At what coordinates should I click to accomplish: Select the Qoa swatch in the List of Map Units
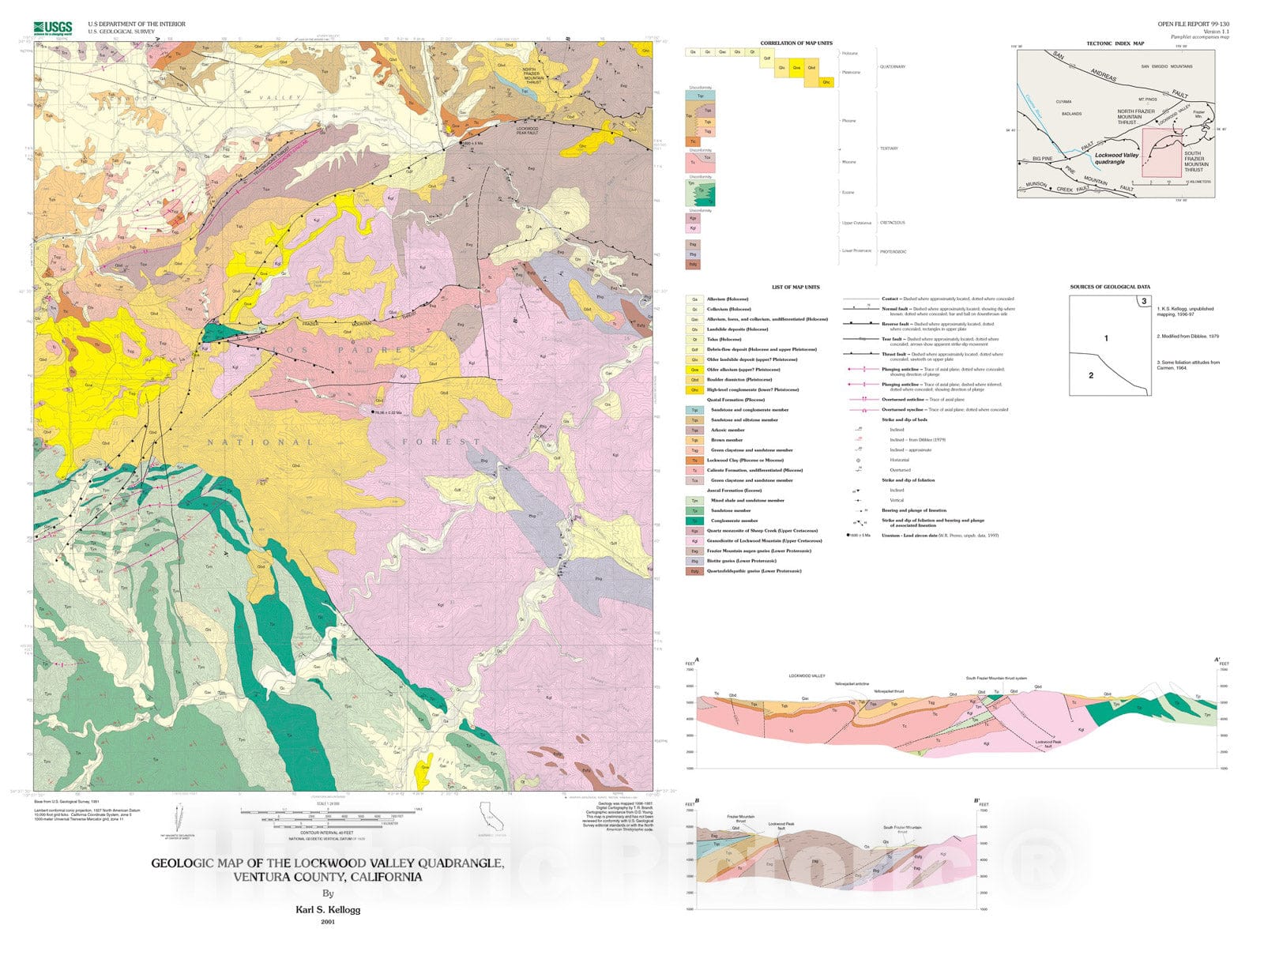[x=694, y=370]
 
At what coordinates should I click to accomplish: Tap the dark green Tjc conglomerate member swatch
[x=694, y=521]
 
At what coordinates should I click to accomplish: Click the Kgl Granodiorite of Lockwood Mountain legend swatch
[x=694, y=541]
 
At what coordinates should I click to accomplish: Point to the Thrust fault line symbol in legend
[x=860, y=355]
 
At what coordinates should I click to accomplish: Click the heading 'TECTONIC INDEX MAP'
[x=1115, y=43]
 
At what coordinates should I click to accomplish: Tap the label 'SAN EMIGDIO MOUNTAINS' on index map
[x=1167, y=66]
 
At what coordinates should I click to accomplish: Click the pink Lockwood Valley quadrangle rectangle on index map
[x=1161, y=152]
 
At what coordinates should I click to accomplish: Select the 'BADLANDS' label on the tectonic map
[x=1070, y=114]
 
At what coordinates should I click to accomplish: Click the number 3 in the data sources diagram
[x=1143, y=301]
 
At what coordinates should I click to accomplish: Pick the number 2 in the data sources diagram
[x=1091, y=375]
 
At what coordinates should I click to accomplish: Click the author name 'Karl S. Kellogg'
[x=328, y=909]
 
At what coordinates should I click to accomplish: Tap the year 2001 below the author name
[x=328, y=922]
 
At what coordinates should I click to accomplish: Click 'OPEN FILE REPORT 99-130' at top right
[x=1193, y=24]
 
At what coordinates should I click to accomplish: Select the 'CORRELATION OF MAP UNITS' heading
[x=796, y=43]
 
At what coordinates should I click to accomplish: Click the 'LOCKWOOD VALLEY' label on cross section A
[x=807, y=676]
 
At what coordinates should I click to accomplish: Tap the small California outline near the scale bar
[x=490, y=816]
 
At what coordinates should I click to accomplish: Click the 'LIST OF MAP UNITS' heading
[x=796, y=288]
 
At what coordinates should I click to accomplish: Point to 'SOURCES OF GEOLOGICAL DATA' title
[x=1110, y=288]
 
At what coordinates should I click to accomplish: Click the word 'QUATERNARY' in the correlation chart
[x=893, y=66]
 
